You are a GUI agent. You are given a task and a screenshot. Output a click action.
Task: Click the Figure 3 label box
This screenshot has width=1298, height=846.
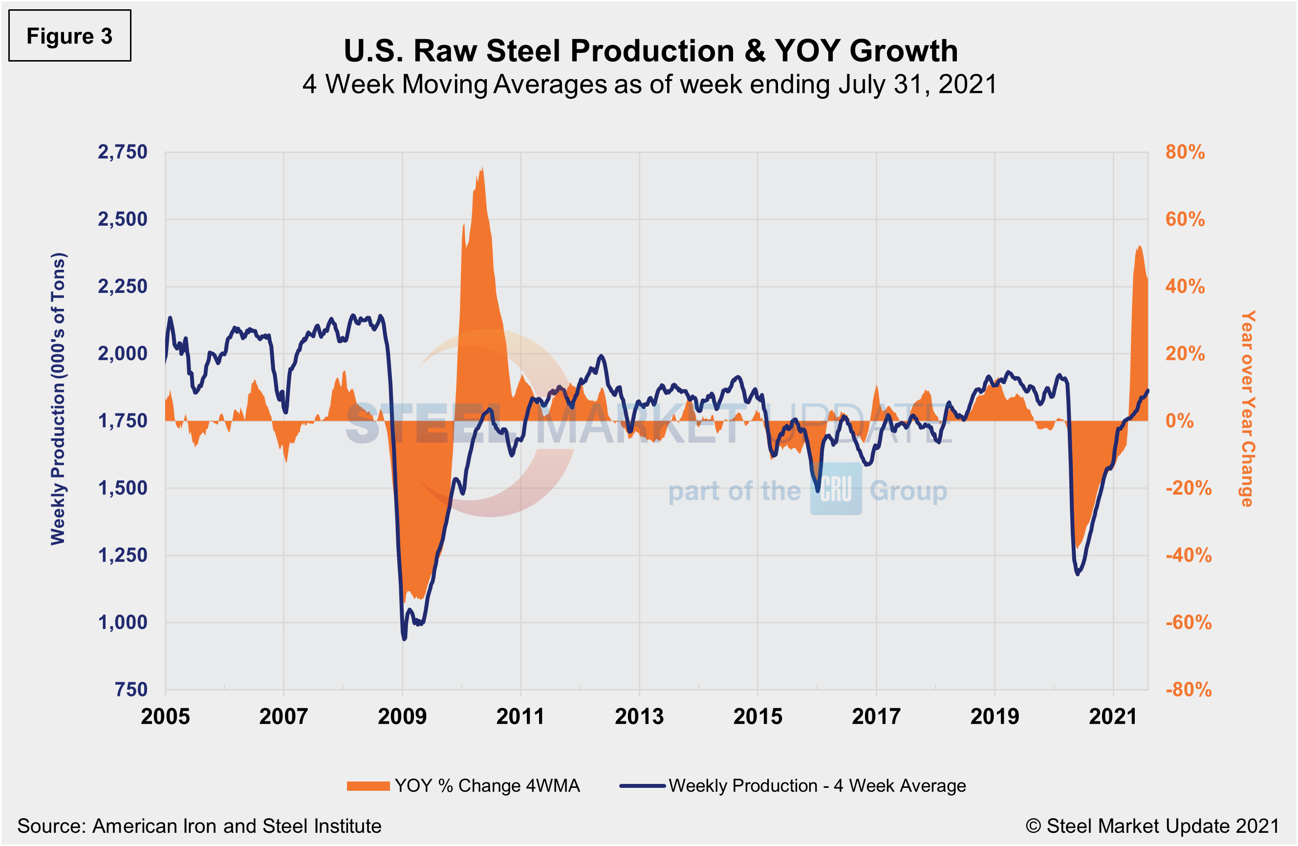point(69,36)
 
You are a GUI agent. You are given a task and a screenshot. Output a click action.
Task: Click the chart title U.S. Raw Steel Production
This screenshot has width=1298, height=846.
point(650,51)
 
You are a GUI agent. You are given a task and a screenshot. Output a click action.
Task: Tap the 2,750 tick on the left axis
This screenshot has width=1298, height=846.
point(122,152)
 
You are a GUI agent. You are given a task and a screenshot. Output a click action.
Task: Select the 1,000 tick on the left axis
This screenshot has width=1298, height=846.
point(122,622)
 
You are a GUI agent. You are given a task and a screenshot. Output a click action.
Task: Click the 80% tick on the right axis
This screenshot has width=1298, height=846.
point(1185,152)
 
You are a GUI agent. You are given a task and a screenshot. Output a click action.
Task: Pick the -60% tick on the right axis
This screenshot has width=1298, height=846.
point(1188,622)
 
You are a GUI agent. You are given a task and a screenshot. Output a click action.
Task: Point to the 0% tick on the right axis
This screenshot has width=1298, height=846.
point(1179,421)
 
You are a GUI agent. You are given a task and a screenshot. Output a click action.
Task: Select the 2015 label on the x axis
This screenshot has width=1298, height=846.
point(757,716)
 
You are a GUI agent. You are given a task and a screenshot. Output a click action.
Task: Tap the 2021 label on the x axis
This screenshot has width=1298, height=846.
point(1113,716)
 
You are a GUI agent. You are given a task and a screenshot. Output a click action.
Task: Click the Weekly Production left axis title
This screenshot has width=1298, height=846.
point(58,398)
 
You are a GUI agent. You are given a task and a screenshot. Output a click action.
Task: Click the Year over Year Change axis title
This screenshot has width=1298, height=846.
point(1248,409)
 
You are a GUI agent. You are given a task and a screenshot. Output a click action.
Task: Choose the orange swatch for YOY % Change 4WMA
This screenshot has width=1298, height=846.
point(368,786)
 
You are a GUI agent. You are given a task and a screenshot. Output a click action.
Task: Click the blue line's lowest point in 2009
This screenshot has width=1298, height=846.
point(404,639)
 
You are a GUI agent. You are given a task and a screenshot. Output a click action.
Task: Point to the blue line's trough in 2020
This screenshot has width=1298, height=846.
point(1078,574)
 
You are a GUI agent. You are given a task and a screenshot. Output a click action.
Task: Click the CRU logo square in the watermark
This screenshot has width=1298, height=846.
point(836,489)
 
